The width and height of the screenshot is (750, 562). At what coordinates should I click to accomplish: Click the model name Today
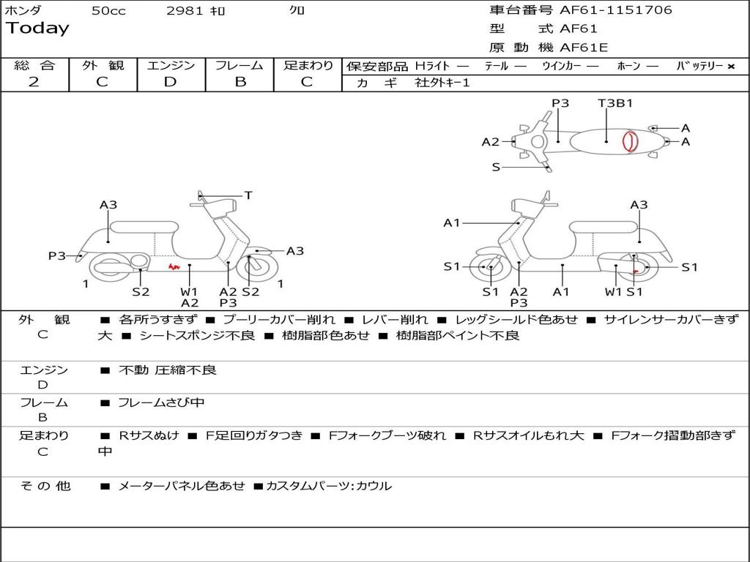[x=37, y=28]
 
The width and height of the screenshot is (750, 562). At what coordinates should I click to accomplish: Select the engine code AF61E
[x=584, y=48]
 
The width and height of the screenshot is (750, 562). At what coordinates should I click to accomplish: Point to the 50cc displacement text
[x=108, y=11]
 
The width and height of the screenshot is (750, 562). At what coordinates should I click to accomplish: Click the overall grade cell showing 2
[x=34, y=82]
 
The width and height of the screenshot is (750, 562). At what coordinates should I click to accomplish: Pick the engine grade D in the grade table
[x=171, y=82]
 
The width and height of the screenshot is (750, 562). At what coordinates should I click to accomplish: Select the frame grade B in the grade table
[x=240, y=82]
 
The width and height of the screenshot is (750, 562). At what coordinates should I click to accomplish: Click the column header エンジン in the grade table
[x=171, y=66]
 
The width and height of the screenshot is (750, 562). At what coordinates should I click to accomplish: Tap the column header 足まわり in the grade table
[x=308, y=66]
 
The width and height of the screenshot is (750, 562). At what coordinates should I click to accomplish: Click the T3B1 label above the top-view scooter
[x=615, y=103]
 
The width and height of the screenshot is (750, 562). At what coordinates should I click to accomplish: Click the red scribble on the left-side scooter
[x=174, y=267]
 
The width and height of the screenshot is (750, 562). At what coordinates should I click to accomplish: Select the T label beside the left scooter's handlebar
[x=248, y=195]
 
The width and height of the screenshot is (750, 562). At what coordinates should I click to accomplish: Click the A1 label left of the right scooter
[x=452, y=223]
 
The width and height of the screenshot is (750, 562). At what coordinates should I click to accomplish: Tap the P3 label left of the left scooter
[x=57, y=256]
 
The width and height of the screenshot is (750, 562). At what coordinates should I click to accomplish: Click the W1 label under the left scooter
[x=190, y=292]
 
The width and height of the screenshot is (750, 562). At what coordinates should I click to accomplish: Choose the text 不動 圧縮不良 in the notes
[x=168, y=370]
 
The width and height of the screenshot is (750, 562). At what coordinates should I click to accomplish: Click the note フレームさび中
[x=161, y=402]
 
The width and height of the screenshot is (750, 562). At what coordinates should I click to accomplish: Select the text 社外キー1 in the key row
[x=442, y=83]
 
